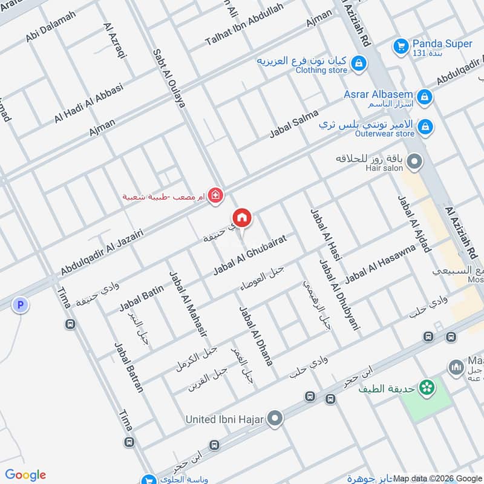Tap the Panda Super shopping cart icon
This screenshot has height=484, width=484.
pyautogui.click(x=400, y=45)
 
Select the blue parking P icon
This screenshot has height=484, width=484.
pyautogui.click(x=21, y=306)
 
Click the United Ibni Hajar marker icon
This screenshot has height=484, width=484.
pyautogui.click(x=275, y=419)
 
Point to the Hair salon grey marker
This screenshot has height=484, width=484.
pyautogui.click(x=414, y=162)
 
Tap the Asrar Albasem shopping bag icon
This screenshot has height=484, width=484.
pyautogui.click(x=425, y=96)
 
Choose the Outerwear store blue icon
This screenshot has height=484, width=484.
pyautogui.click(x=426, y=126)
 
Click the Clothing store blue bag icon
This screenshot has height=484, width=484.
pyautogui.click(x=359, y=63)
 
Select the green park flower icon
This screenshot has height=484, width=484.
pyautogui.click(x=428, y=387)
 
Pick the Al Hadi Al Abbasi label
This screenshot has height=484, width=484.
pyautogui.click(x=88, y=103)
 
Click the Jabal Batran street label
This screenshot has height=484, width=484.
pyautogui.click(x=129, y=367)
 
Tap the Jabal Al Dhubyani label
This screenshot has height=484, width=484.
pyautogui.click(x=339, y=295)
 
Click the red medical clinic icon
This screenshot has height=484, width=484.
pyautogui.click(x=214, y=195)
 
